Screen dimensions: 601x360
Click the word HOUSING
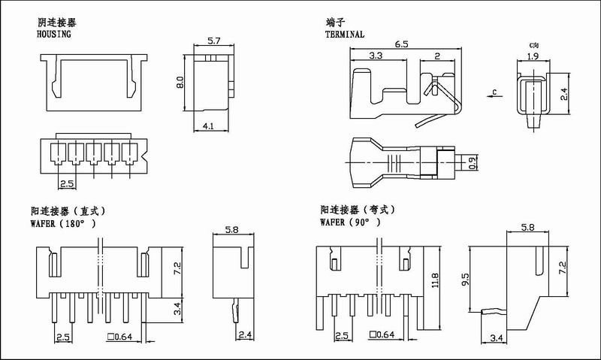[x=53, y=34]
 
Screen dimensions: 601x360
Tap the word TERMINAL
[x=345, y=34]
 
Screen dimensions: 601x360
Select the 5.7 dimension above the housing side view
[x=214, y=41]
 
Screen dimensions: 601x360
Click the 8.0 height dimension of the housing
[x=180, y=83]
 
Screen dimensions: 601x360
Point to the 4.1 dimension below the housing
[x=208, y=126]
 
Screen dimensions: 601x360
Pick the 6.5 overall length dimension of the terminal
[x=401, y=44]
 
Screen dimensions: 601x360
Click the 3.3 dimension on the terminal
[x=376, y=56]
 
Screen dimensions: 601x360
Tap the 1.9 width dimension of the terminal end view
[x=533, y=56]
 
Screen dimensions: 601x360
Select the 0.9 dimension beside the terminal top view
[x=473, y=163]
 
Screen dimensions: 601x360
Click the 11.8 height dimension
[x=435, y=281]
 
